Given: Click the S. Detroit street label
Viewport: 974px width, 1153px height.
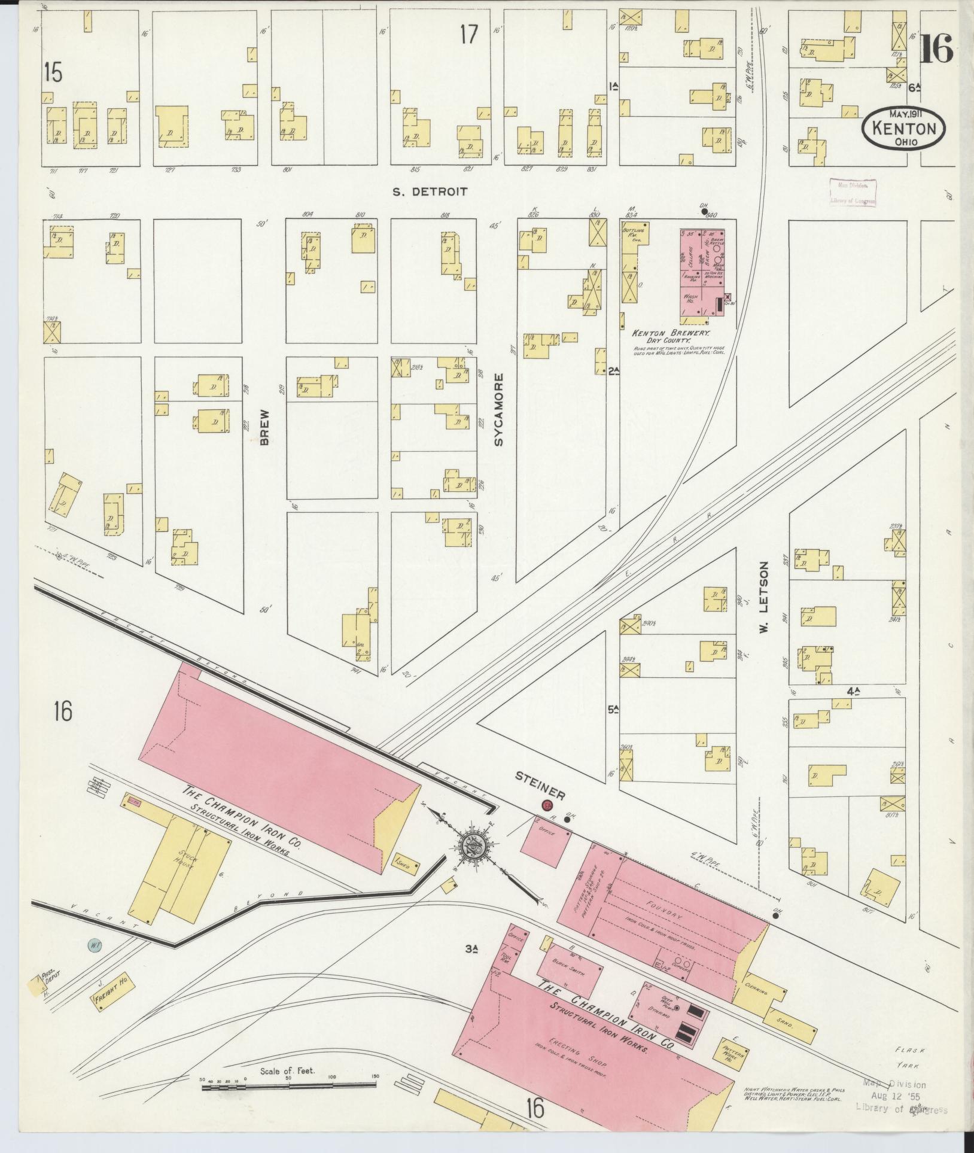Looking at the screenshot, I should [429, 192].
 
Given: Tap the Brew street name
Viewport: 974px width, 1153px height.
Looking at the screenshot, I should [265, 428].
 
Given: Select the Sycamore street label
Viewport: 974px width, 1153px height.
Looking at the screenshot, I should [499, 409].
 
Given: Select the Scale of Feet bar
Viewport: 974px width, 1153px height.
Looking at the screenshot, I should [290, 1084].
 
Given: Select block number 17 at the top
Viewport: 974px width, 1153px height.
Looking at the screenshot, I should [470, 35].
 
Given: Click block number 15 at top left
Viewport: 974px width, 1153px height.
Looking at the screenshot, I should [53, 73].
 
